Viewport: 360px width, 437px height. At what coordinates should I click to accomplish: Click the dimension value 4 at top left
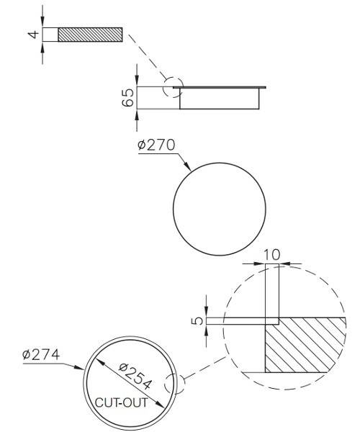pyautogui.click(x=34, y=35)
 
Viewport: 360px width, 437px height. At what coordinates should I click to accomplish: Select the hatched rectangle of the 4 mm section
pyautogui.click(x=91, y=35)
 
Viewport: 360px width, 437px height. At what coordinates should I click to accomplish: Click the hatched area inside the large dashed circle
pyautogui.click(x=302, y=346)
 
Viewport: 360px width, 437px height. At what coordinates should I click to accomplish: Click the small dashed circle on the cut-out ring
pyautogui.click(x=174, y=382)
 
